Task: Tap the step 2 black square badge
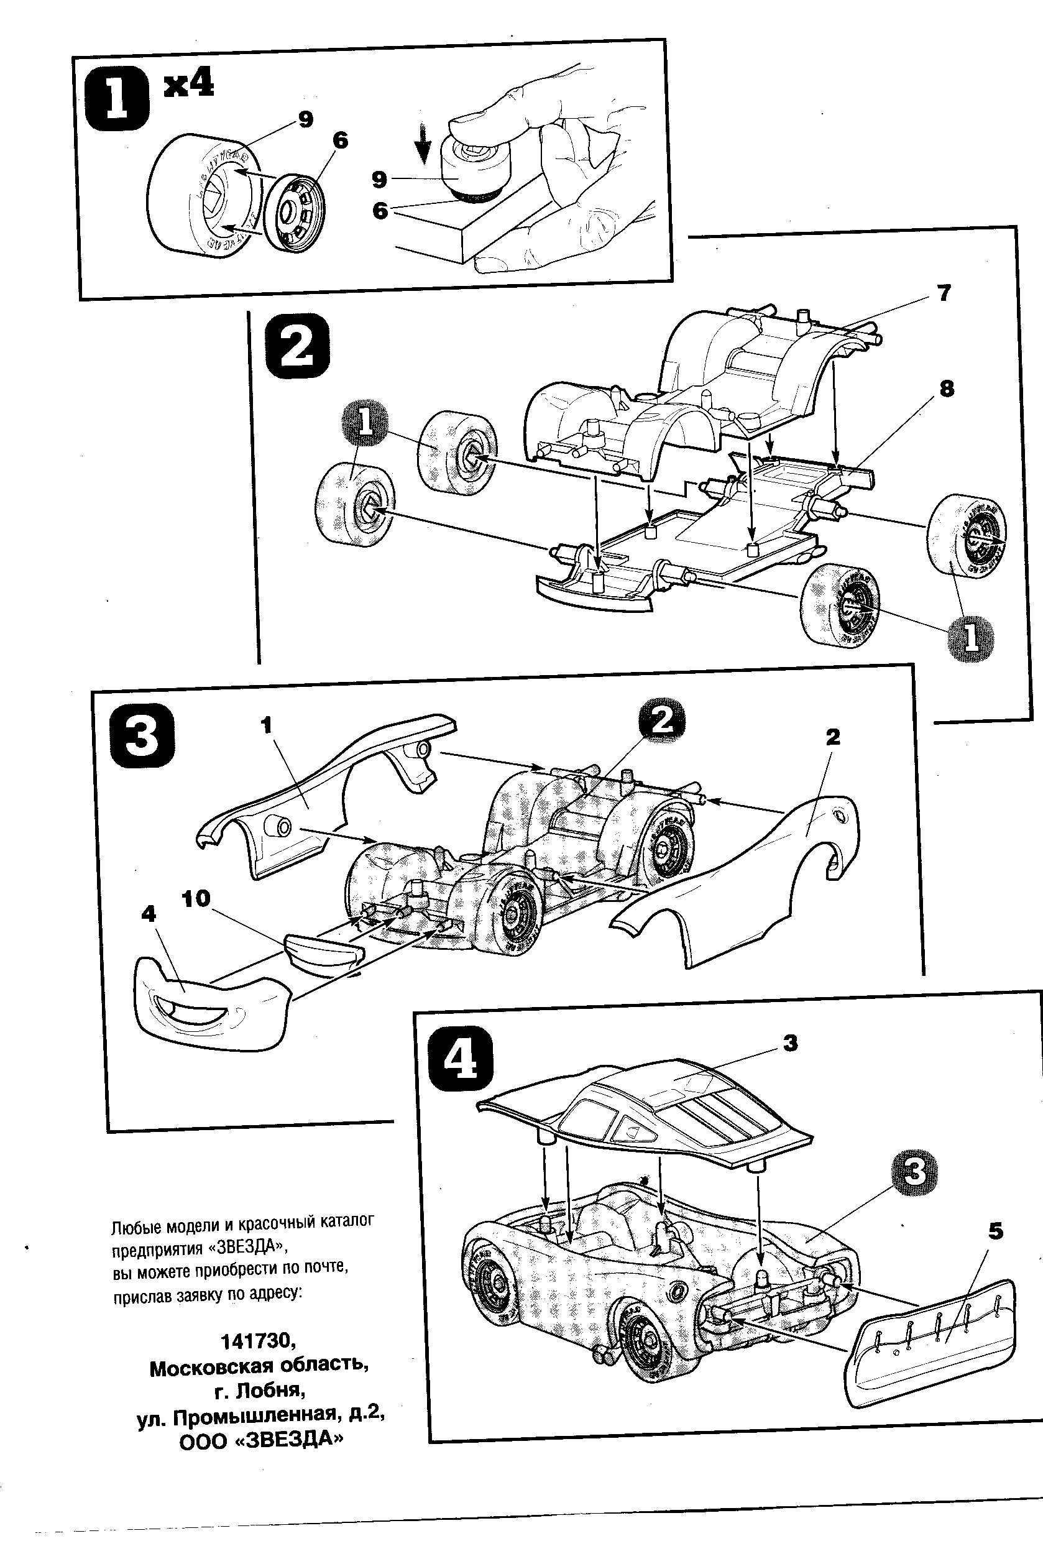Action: tap(296, 346)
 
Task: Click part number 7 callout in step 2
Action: tap(944, 292)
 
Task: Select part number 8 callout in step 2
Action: tap(946, 389)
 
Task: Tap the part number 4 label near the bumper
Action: tap(149, 913)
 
